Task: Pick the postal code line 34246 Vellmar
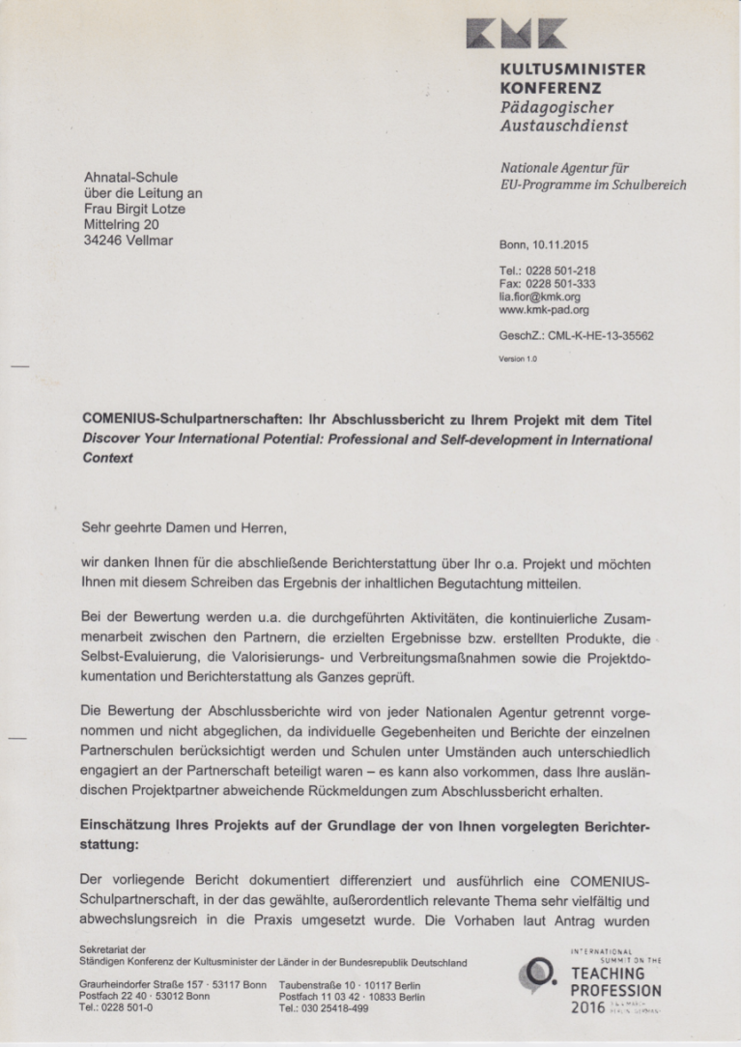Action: point(129,240)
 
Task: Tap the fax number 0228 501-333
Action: point(560,285)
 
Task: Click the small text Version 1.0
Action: point(518,358)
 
